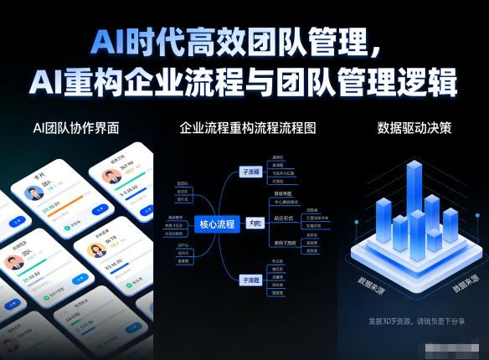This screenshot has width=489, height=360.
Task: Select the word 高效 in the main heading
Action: pyautogui.click(x=214, y=40)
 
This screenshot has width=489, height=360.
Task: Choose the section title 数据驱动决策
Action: pyautogui.click(x=414, y=128)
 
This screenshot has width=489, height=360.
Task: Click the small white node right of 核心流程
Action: pyautogui.click(x=255, y=224)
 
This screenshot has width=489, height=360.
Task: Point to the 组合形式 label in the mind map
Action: pyautogui.click(x=285, y=217)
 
